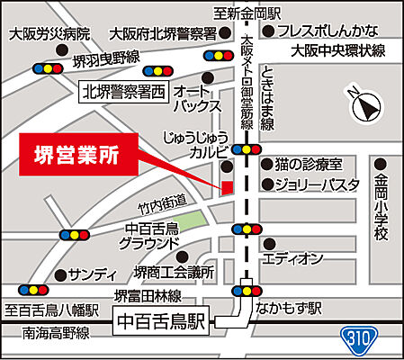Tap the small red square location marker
tap(227, 186)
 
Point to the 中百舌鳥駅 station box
tap(161, 319)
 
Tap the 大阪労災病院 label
tap(49, 33)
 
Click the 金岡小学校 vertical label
tap(382, 207)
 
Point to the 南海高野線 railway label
tap(44, 334)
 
